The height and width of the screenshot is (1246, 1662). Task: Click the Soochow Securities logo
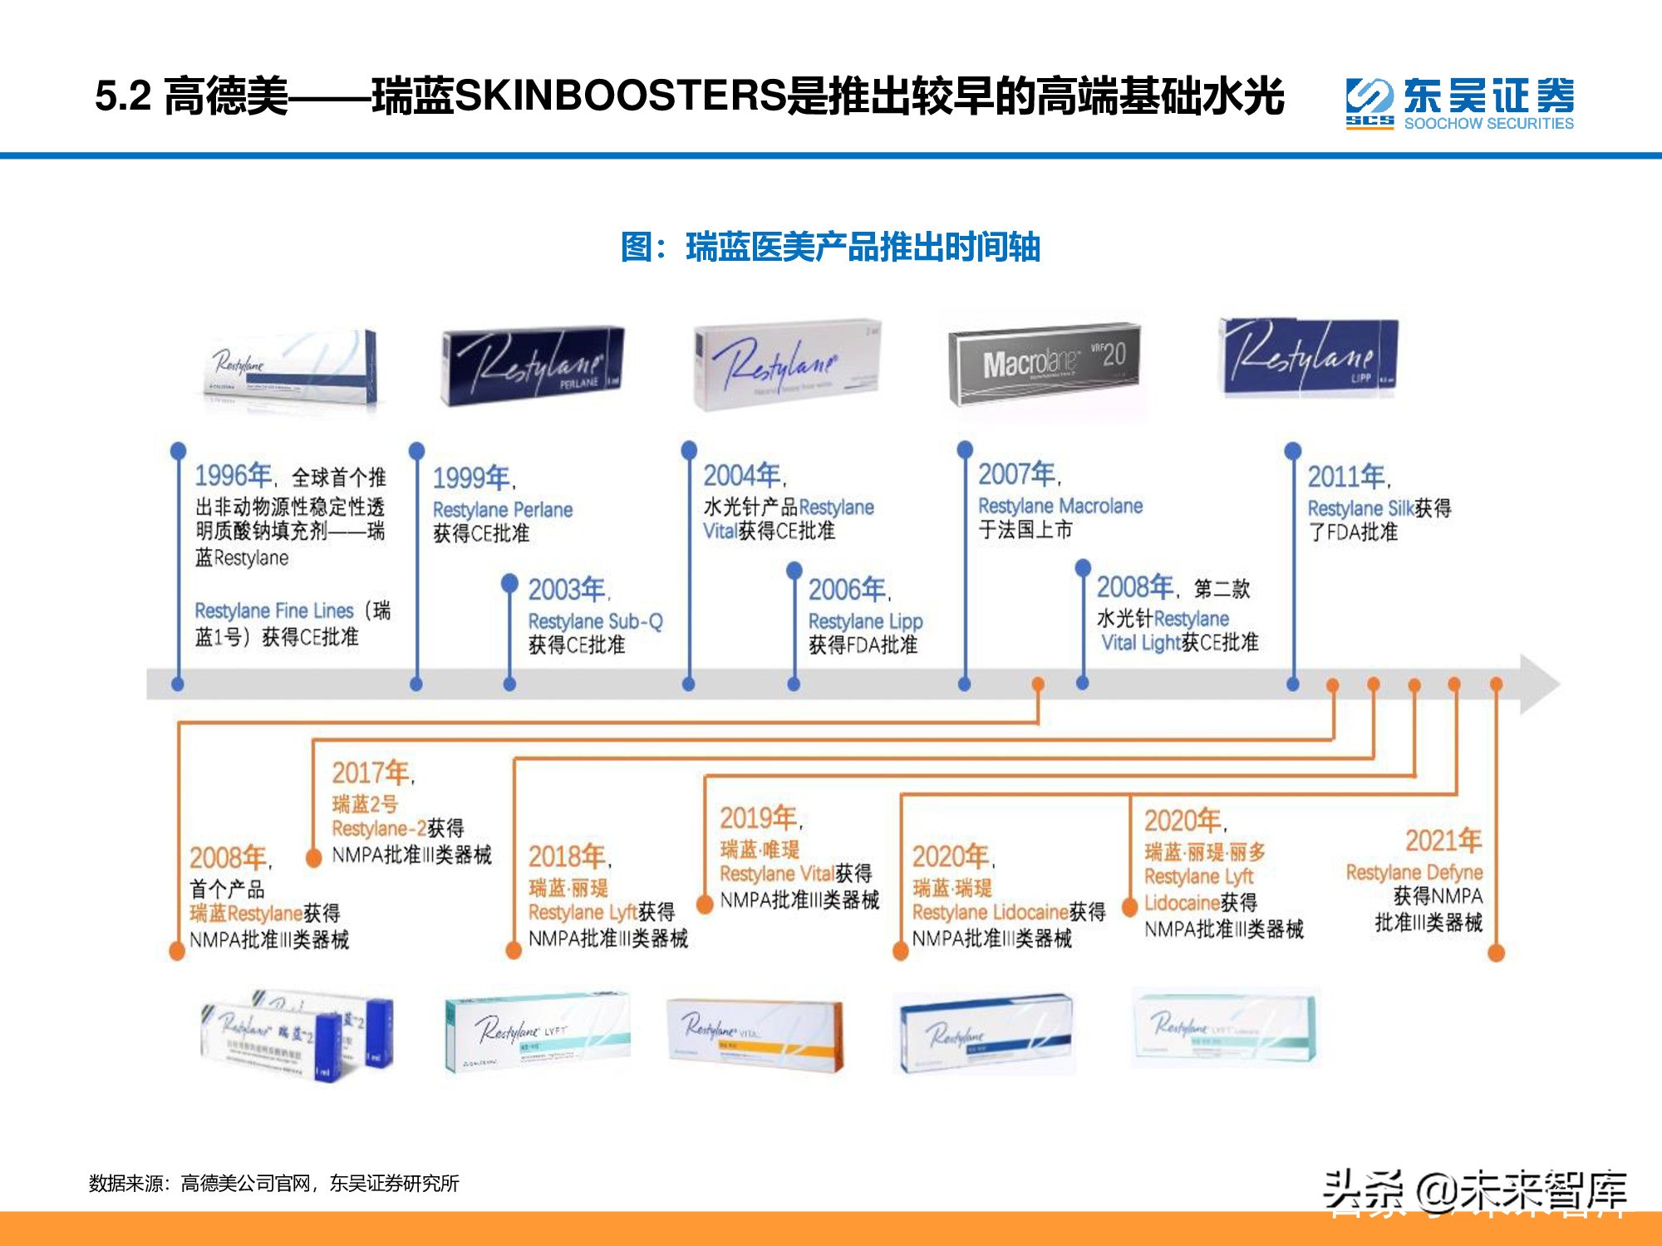tap(1459, 104)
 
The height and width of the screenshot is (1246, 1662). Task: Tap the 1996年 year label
tap(234, 475)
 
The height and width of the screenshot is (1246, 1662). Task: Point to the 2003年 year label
tap(568, 590)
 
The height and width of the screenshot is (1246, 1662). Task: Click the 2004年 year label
tap(743, 475)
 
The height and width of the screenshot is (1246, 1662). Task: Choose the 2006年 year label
tap(848, 590)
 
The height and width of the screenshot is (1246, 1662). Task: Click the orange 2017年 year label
tap(371, 773)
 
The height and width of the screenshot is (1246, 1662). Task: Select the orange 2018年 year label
tap(568, 856)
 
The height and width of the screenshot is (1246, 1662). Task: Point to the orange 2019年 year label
tap(759, 818)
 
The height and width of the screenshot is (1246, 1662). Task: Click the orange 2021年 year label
tap(1443, 841)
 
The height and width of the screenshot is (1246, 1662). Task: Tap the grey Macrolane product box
tap(1045, 364)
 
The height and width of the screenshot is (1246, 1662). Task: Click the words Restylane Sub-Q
tap(595, 621)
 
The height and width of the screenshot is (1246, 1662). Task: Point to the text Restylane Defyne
tap(1414, 872)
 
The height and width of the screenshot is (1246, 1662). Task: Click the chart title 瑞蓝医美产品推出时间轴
tap(830, 248)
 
